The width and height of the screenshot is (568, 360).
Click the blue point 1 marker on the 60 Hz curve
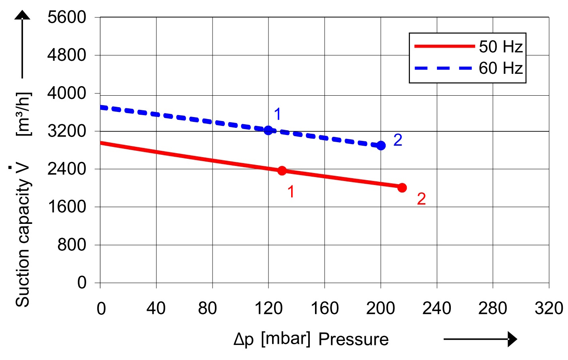point(269,130)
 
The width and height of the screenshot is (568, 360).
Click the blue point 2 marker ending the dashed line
point(381,146)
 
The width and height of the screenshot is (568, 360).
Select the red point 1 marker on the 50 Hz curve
point(282,171)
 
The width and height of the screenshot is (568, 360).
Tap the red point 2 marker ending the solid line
point(402,188)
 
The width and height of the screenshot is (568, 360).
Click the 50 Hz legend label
point(500,47)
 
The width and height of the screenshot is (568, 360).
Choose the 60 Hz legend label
point(500,68)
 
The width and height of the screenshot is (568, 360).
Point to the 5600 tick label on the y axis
point(66,17)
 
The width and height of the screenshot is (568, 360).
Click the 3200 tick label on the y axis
point(66,131)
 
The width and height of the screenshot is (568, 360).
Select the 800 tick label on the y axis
point(71,244)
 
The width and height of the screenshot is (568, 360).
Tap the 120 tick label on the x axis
point(269,308)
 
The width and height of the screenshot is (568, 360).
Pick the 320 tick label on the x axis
point(549,308)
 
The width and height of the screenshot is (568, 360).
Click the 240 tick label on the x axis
point(437,308)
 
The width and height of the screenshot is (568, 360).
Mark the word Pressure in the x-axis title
point(354,339)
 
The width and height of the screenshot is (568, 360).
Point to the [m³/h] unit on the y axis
point(23,114)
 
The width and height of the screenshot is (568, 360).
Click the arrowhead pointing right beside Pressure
point(512,339)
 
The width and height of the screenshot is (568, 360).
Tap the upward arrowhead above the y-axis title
point(22,15)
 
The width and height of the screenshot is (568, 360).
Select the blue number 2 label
point(398,140)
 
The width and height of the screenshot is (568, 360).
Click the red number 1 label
point(291,192)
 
